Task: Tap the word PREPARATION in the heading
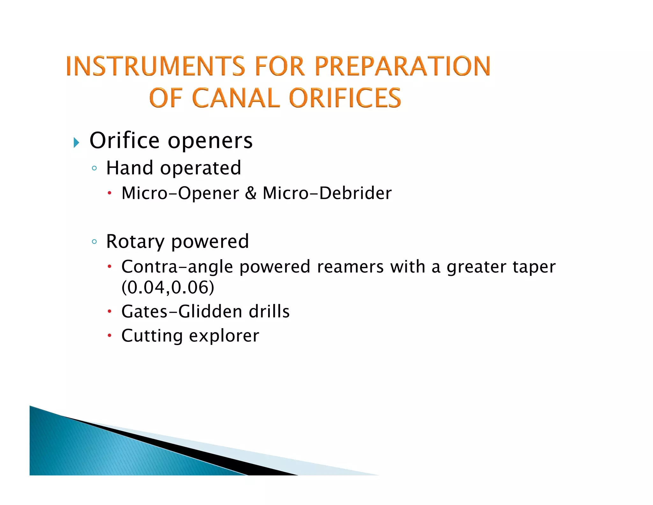click(402, 66)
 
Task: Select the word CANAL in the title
click(236, 98)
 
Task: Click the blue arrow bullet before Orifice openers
click(76, 142)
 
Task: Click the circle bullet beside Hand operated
click(94, 168)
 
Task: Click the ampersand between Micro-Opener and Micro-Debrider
click(251, 193)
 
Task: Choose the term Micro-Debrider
click(327, 193)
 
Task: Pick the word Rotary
click(135, 242)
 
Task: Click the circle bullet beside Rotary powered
click(94, 242)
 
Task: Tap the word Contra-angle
click(177, 267)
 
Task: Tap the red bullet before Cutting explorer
click(109, 335)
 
